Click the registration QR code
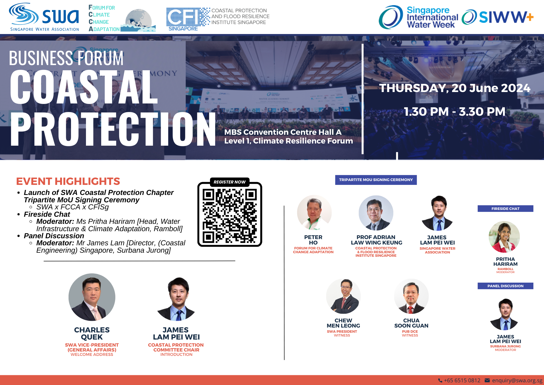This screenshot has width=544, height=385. point(230,214)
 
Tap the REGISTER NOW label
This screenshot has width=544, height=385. point(230,182)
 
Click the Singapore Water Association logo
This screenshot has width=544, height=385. point(44,17)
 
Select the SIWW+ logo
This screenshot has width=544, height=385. point(497,17)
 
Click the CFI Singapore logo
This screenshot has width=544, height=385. point(218,19)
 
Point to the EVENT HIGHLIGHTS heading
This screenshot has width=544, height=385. point(68,181)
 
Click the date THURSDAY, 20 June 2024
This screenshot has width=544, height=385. point(455,88)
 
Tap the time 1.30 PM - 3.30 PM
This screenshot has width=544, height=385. point(455,112)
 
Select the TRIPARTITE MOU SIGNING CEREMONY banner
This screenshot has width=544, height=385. point(376,180)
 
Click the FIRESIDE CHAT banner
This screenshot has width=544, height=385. point(505,209)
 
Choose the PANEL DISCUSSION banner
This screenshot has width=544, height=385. point(505,286)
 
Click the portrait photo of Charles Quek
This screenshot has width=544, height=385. point(92,297)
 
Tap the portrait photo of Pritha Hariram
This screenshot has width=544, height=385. point(505,237)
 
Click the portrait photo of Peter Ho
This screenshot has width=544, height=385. point(314,213)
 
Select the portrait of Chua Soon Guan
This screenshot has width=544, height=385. point(411,296)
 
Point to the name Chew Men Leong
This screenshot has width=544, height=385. point(343,323)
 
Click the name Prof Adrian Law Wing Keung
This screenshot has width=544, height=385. point(376,240)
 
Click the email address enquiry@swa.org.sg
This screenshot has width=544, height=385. point(517,380)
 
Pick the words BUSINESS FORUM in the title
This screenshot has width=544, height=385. point(66,58)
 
